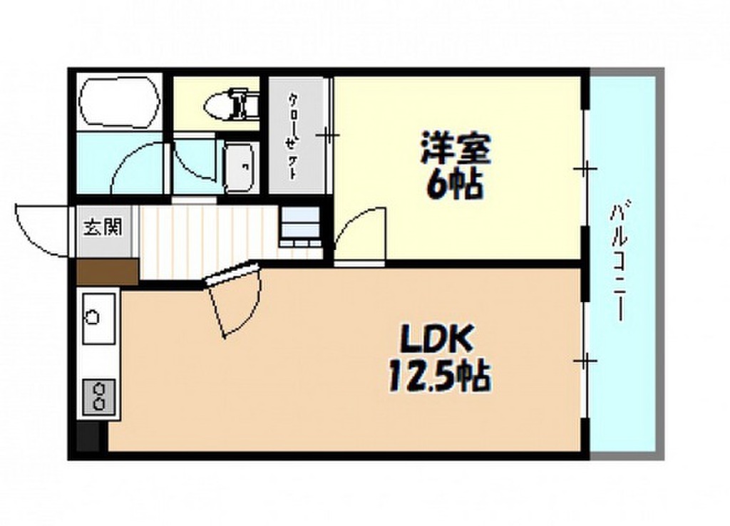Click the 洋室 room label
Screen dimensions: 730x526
tap(456, 148)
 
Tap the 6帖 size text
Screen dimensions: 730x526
tap(454, 185)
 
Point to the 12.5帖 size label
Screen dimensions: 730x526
tap(438, 376)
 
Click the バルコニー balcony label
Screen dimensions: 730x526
tap(619, 261)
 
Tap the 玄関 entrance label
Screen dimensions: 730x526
tap(103, 227)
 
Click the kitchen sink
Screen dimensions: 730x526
tap(98, 319)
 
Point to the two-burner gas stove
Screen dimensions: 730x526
tap(98, 396)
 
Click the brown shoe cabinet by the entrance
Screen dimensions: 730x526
tap(108, 272)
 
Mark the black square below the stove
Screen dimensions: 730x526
tap(88, 437)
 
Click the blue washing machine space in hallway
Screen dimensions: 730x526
tap(301, 226)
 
